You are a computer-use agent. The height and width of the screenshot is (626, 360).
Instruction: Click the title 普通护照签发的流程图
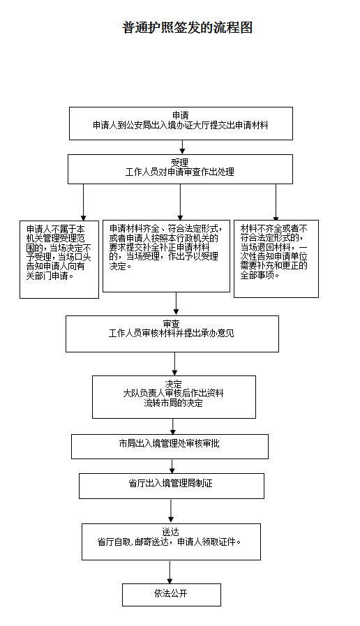click(187, 28)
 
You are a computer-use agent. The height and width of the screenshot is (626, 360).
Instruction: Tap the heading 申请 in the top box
click(181, 116)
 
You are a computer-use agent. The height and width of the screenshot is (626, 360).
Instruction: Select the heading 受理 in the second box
click(179, 163)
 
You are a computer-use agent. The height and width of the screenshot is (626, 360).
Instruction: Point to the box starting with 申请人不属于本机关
click(59, 260)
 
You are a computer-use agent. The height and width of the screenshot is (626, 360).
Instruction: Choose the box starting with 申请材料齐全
click(167, 256)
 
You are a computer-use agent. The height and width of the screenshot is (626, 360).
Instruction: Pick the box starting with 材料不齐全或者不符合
click(276, 259)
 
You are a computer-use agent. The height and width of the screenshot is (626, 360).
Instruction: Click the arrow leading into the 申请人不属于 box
click(84, 202)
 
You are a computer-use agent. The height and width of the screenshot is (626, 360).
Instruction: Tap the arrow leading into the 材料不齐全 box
click(276, 202)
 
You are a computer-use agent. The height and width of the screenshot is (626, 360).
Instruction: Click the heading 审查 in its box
click(171, 324)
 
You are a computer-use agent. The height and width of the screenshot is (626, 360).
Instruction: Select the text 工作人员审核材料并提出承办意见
click(171, 334)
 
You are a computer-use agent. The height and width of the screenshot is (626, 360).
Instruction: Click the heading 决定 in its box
click(173, 384)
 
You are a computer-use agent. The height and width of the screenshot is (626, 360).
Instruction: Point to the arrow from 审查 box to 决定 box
click(175, 364)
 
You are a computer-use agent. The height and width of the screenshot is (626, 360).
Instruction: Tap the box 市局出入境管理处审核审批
click(170, 447)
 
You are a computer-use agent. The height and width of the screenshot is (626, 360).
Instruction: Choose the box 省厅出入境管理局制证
click(172, 486)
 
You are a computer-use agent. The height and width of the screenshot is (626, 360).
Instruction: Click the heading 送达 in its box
click(170, 532)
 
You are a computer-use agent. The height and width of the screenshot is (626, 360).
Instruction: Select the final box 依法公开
click(172, 595)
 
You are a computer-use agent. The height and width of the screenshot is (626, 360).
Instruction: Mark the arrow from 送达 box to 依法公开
click(170, 572)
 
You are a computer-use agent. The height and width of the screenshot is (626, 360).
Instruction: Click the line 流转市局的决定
click(173, 403)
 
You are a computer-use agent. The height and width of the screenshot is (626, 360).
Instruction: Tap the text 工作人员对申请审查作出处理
click(179, 172)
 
